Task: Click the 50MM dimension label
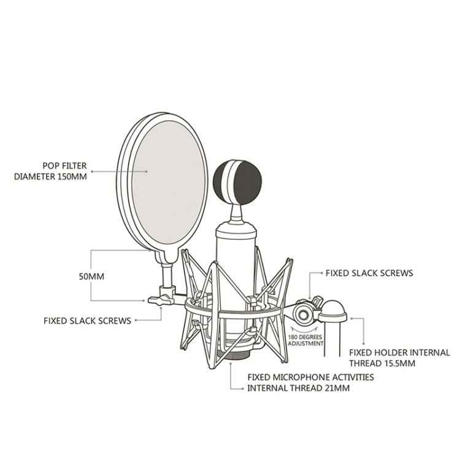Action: point(92,276)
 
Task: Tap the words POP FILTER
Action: point(64,166)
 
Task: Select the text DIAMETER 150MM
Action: point(50,177)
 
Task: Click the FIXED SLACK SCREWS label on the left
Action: point(87,320)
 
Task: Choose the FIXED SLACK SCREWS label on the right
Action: point(369,272)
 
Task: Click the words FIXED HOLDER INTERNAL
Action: point(399,353)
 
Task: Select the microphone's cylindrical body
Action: point(236,258)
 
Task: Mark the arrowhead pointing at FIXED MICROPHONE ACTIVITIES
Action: point(230,365)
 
